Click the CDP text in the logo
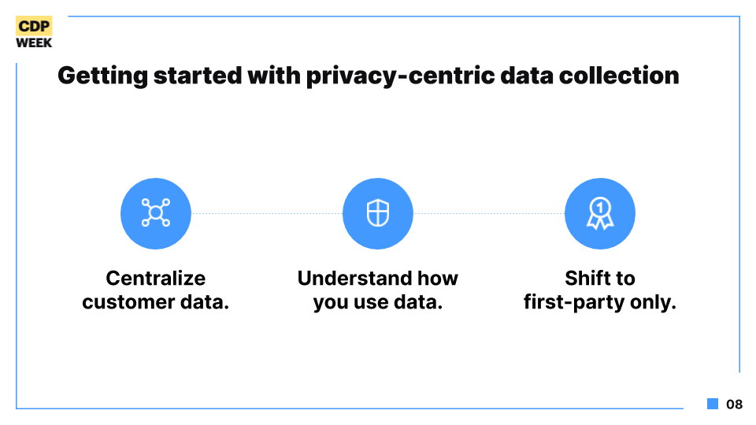pyautogui.click(x=34, y=26)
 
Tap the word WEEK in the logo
pyautogui.click(x=34, y=42)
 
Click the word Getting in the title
pyautogui.click(x=102, y=76)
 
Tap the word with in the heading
pyautogui.click(x=274, y=76)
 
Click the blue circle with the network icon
pyautogui.click(x=156, y=213)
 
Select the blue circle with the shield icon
pyautogui.click(x=378, y=213)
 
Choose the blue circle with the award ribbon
pyautogui.click(x=600, y=213)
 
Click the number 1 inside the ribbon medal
pyautogui.click(x=600, y=208)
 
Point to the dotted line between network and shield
pyautogui.click(x=267, y=213)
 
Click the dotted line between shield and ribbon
pyautogui.click(x=489, y=213)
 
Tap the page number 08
pyautogui.click(x=734, y=405)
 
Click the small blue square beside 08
pyautogui.click(x=713, y=404)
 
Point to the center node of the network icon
pyautogui.click(x=156, y=213)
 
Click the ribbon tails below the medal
pyautogui.click(x=600, y=223)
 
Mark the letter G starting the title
pyautogui.click(x=66, y=76)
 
